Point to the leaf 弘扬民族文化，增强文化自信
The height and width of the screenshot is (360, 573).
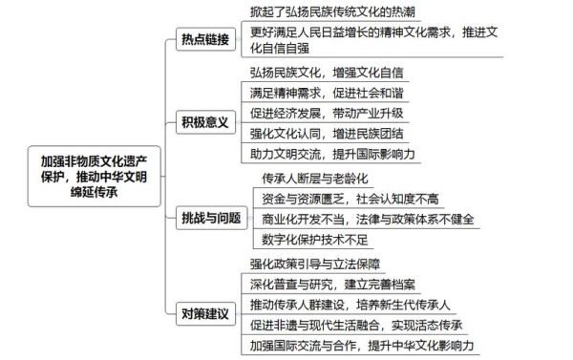327,72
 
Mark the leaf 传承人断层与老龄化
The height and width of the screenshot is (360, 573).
314,178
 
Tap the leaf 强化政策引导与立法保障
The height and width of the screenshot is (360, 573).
315,264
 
